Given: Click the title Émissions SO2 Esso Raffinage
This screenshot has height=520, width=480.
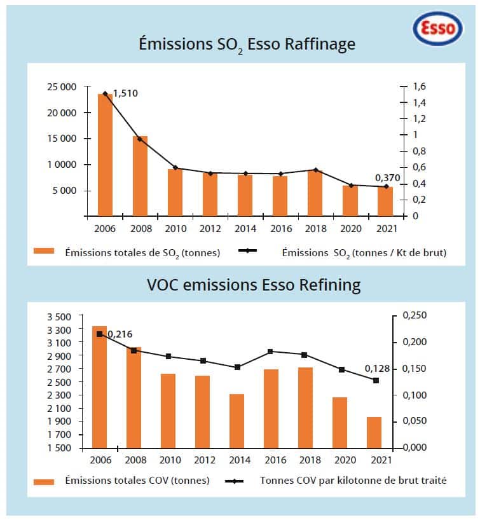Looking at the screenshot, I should point(247,44).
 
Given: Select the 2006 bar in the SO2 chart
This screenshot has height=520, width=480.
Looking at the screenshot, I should point(105,155).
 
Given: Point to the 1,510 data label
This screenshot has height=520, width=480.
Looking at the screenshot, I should point(125,93).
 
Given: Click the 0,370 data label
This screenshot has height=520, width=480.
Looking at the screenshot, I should point(388,177).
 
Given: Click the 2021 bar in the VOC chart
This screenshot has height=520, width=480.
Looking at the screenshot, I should point(374,432).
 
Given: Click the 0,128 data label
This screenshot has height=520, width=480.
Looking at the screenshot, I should point(377,368).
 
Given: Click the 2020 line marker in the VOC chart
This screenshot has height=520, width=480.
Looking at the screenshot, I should point(341,369).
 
